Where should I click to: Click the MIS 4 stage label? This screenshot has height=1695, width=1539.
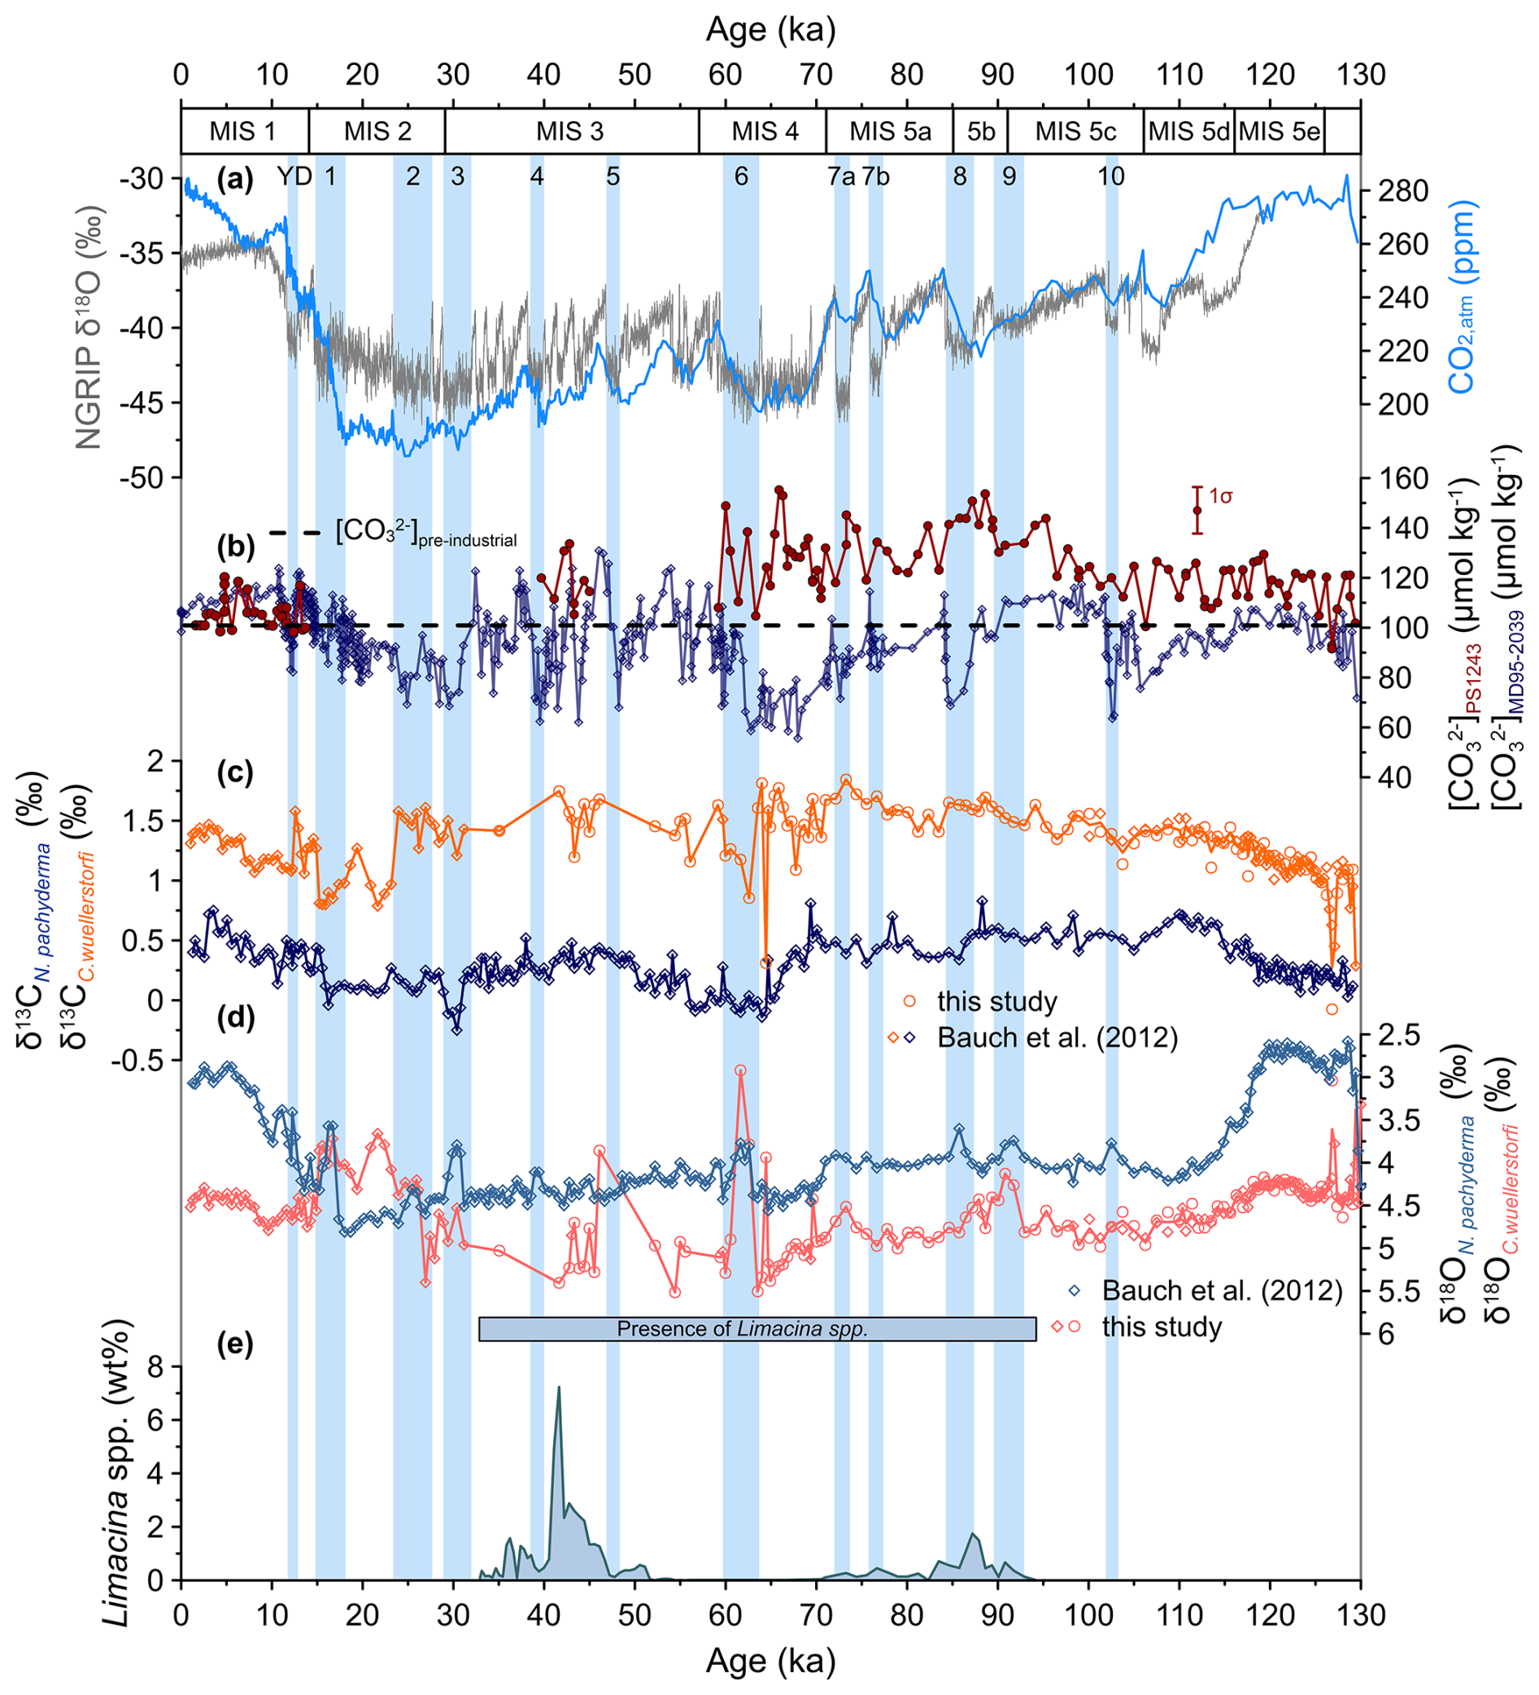[x=765, y=132]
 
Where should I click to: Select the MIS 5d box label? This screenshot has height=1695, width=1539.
[x=1188, y=132]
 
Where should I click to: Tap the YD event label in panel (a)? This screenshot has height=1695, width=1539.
[x=294, y=176]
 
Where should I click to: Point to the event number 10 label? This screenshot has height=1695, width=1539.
[x=1111, y=176]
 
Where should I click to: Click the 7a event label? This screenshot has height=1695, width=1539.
[x=841, y=176]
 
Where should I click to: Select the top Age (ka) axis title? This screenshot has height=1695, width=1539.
[x=770, y=30]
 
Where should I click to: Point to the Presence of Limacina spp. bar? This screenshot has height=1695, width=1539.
[x=756, y=1329]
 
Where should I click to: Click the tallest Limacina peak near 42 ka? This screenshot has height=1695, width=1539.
[x=558, y=1388]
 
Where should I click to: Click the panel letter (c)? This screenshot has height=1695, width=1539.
[x=234, y=772]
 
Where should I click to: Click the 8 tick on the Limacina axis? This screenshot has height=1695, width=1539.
[x=159, y=1367]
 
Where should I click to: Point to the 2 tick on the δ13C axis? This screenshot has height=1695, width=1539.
[x=159, y=762]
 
